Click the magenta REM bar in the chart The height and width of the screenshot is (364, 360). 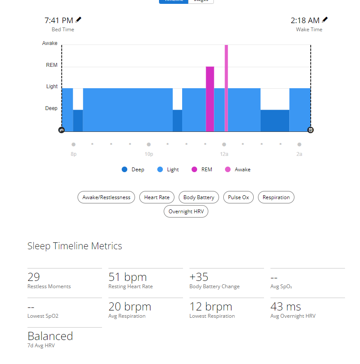(210, 99)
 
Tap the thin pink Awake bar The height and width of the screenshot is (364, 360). (226, 88)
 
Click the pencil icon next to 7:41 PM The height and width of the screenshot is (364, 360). (78, 20)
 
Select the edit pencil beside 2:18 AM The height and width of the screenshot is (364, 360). (325, 20)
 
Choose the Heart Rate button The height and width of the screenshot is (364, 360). (157, 197)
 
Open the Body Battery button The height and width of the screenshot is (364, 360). (199, 197)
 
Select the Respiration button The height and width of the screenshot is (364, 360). (276, 197)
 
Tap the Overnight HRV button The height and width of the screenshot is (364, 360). (186, 212)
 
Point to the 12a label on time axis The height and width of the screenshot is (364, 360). (224, 154)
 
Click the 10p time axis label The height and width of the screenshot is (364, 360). (149, 154)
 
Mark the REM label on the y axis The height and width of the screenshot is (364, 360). (52, 66)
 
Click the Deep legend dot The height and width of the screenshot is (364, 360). (125, 170)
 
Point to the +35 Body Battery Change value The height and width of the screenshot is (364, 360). (199, 277)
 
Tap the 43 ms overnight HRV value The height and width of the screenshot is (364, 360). (285, 307)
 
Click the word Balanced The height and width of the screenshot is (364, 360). (50, 336)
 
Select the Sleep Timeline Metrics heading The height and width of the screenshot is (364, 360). (75, 246)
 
